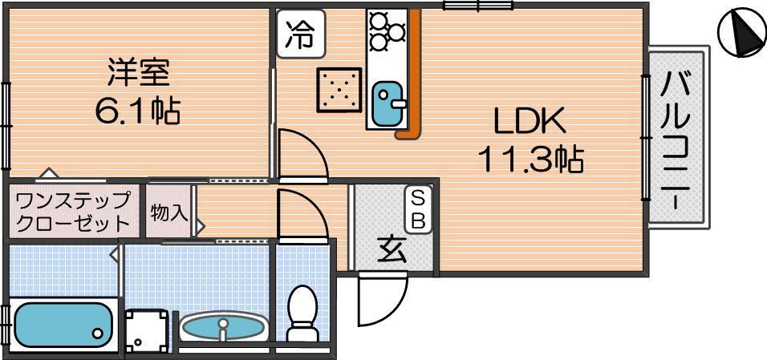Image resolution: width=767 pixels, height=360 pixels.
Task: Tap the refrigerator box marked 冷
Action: click(x=301, y=35)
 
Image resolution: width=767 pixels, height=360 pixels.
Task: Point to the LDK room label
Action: click(x=530, y=123)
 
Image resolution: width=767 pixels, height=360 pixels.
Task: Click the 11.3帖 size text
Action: click(x=530, y=160)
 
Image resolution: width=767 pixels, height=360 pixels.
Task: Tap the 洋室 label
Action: click(x=138, y=73)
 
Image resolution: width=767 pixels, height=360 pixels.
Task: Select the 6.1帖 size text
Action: click(x=138, y=110)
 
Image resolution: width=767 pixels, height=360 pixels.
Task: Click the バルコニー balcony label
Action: click(x=678, y=136)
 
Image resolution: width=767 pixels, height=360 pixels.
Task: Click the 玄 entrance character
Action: click(x=391, y=252)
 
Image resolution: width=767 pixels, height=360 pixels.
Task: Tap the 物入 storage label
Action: click(x=168, y=212)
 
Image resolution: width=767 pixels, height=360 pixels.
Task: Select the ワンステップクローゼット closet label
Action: click(x=73, y=212)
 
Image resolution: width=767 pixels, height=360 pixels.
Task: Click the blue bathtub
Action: click(x=61, y=322)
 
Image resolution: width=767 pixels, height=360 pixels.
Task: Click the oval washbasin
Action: click(x=222, y=327)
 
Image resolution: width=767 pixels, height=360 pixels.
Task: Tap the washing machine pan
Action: click(x=149, y=331)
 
